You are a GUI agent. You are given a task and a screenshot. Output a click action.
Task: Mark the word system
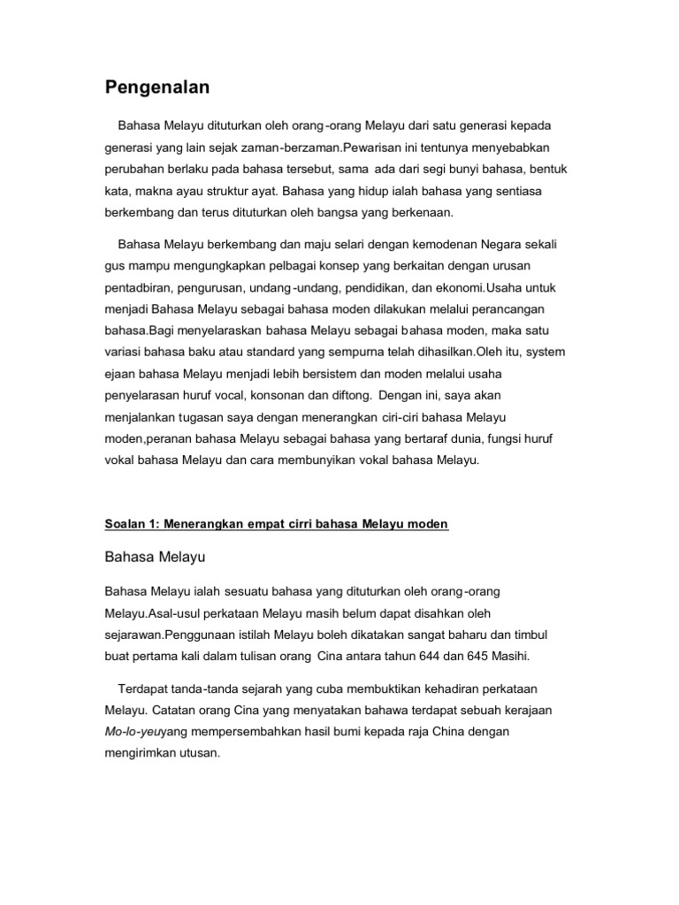click(545, 351)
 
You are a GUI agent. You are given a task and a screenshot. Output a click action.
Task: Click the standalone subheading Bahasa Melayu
click(155, 559)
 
